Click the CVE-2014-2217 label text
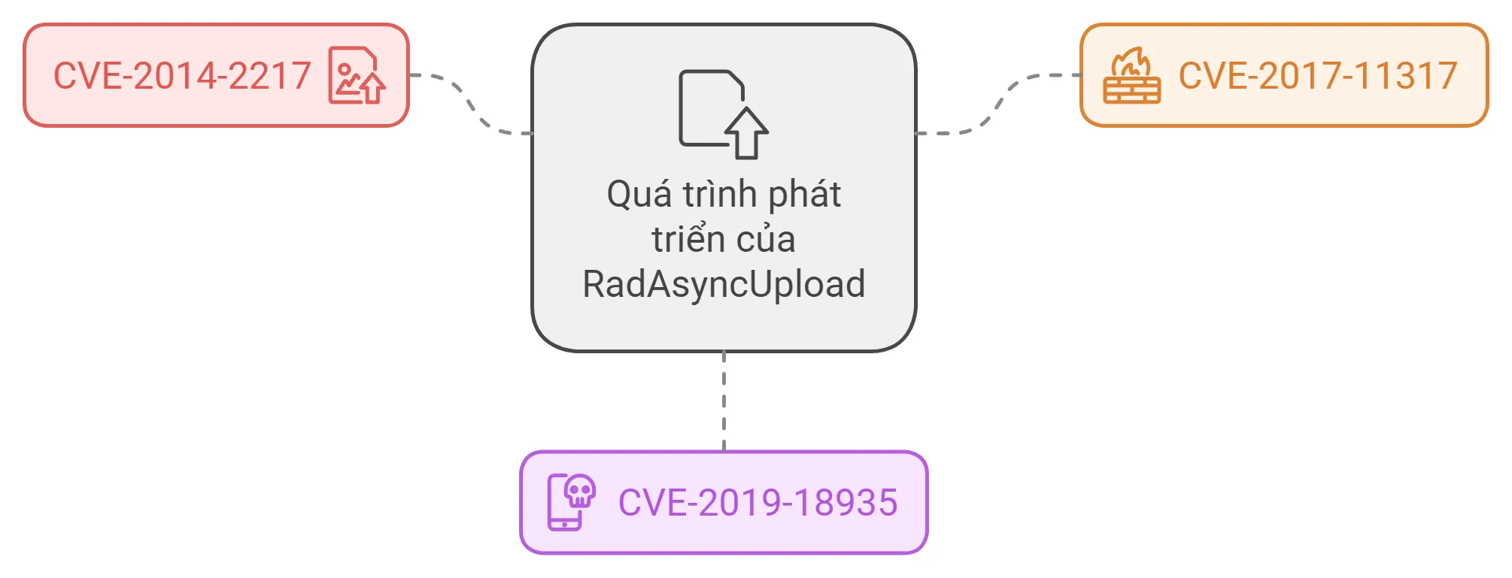click(182, 76)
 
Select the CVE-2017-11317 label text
click(1318, 76)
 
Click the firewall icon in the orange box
click(1131, 76)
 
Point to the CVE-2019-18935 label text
click(758, 503)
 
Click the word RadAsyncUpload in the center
click(724, 285)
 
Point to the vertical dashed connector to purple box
click(724, 401)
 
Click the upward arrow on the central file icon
click(746, 133)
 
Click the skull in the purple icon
click(580, 492)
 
